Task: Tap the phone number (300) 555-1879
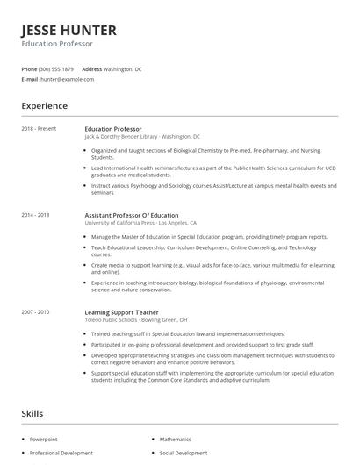pyautogui.click(x=56, y=68)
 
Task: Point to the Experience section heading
pyautogui.click(x=45, y=106)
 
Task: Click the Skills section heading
pyautogui.click(x=32, y=412)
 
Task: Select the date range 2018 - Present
pyautogui.click(x=39, y=129)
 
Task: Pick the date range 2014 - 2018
pyautogui.click(x=36, y=215)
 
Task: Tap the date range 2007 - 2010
pyautogui.click(x=36, y=311)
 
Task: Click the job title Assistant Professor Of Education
pyautogui.click(x=131, y=215)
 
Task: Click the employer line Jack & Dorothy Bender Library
pyautogui.click(x=121, y=137)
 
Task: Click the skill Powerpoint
pyautogui.click(x=43, y=438)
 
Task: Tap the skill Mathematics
pyautogui.click(x=175, y=438)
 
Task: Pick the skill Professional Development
pyautogui.click(x=61, y=453)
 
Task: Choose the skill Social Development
pyautogui.click(x=183, y=453)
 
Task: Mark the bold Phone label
pyautogui.click(x=29, y=68)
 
